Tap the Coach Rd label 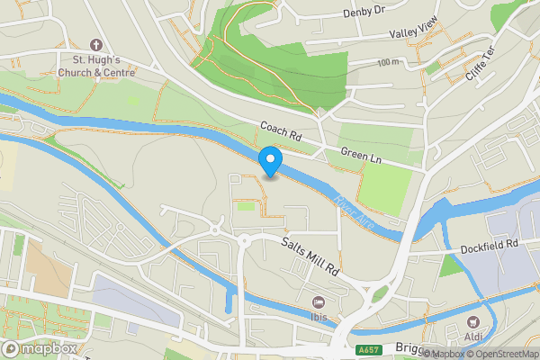point(280,132)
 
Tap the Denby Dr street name point(364,13)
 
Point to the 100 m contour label point(389,62)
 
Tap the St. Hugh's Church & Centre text point(96,67)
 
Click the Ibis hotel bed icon point(317,302)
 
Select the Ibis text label point(317,319)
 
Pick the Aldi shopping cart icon point(470,321)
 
